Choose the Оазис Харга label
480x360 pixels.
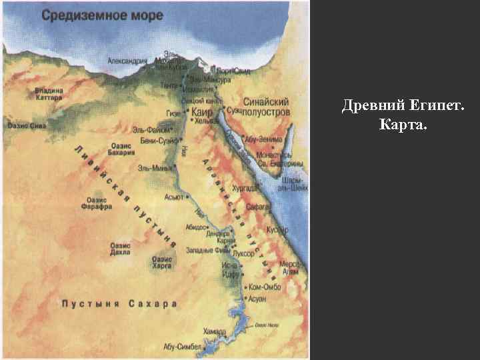point(163,262)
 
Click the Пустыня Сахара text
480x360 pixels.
point(119,304)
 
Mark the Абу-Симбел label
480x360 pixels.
point(181,347)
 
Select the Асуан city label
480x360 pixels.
point(256,299)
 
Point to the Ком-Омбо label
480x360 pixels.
point(266,287)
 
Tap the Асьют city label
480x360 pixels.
point(174,197)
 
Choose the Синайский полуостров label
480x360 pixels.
point(267,107)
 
